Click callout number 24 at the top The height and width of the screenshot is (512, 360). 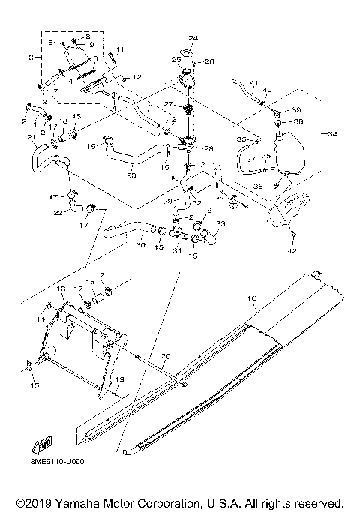192,38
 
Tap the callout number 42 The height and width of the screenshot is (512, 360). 293,251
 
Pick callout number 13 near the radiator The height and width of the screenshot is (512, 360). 61,289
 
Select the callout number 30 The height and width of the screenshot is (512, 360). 140,244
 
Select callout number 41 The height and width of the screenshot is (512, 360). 253,82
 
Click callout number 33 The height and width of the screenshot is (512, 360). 220,223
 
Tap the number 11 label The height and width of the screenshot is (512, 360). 121,49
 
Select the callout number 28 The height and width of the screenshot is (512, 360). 208,149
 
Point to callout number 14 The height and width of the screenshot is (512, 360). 41,320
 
